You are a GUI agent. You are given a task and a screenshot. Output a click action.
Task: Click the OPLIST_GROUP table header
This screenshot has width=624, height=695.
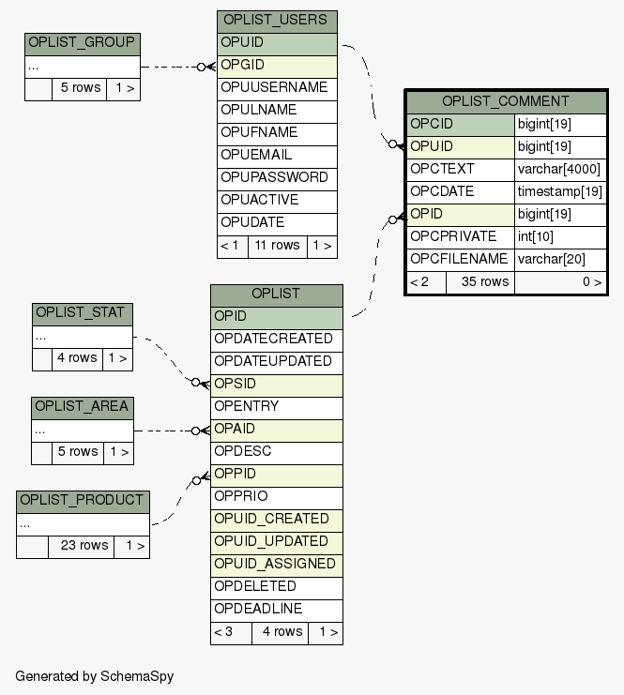[83, 44]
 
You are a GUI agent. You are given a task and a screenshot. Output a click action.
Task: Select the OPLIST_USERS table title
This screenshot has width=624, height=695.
[276, 21]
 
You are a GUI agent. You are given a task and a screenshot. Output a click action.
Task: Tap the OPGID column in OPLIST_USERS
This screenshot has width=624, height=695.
[276, 66]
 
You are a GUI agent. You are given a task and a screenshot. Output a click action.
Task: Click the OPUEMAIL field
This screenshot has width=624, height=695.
[276, 156]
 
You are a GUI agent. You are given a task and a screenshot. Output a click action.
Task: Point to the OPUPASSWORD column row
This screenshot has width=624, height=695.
[276, 178]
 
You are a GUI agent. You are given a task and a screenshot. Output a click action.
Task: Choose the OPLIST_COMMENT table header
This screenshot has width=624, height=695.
[506, 101]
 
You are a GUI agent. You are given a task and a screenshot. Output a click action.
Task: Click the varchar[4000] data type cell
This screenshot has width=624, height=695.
[559, 170]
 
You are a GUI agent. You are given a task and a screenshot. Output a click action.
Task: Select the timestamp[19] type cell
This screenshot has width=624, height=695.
[559, 192]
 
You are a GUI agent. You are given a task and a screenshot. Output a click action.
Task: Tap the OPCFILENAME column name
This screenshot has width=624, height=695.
[460, 260]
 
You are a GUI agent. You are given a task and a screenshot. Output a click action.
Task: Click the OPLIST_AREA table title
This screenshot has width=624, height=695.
[83, 408]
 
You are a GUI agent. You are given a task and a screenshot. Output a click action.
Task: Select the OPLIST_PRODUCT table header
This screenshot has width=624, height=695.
[83, 501]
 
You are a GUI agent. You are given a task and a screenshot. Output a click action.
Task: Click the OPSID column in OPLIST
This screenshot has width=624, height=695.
[276, 385]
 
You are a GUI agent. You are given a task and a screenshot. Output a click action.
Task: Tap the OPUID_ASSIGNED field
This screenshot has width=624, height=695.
[276, 565]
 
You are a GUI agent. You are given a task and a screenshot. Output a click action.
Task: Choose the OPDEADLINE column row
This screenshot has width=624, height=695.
[276, 610]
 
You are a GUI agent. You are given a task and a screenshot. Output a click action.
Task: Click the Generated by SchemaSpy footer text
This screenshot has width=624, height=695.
[94, 676]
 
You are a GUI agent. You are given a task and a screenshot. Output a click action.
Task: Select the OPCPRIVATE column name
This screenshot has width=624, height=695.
[460, 237]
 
